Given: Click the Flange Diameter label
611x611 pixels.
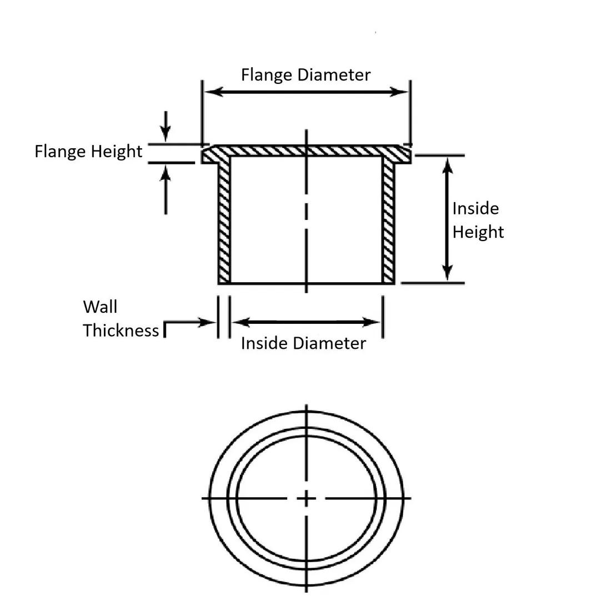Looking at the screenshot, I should coord(305,75).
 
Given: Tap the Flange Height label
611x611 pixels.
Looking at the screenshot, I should coord(88,152).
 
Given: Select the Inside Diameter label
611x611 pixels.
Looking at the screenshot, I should coord(303,343).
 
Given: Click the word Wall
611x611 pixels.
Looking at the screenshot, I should coord(100,307).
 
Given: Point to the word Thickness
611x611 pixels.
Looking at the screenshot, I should coord(121,330).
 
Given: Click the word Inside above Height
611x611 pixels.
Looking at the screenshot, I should coord(475,209).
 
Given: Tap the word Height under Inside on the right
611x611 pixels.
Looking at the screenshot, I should coord(478,232).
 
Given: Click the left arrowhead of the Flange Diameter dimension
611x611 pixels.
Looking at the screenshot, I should coord(212,92).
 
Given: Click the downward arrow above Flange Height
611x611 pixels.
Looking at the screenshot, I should coord(165,133).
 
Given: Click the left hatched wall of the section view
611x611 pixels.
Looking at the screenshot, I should coord(224,222).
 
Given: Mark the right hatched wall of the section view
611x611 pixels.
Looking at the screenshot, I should coord(388,222).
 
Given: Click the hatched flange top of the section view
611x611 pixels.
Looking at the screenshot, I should coord(305,151).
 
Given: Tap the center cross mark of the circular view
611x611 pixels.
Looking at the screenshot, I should coord(306,498).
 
